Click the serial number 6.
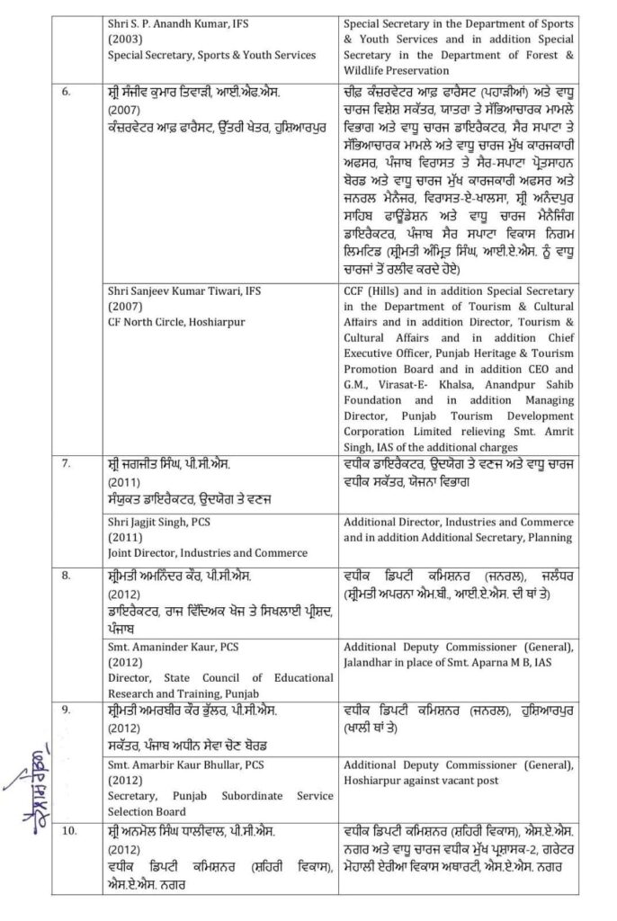tap(66, 91)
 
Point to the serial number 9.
tap(66, 711)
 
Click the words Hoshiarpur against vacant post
tap(421, 780)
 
